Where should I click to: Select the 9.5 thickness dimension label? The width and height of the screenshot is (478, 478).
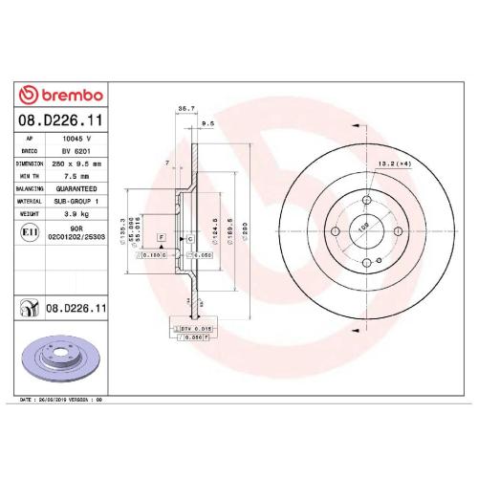pos(207,123)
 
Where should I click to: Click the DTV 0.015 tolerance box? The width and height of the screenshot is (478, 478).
pos(191,328)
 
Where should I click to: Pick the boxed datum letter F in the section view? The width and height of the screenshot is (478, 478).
pos(162,235)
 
